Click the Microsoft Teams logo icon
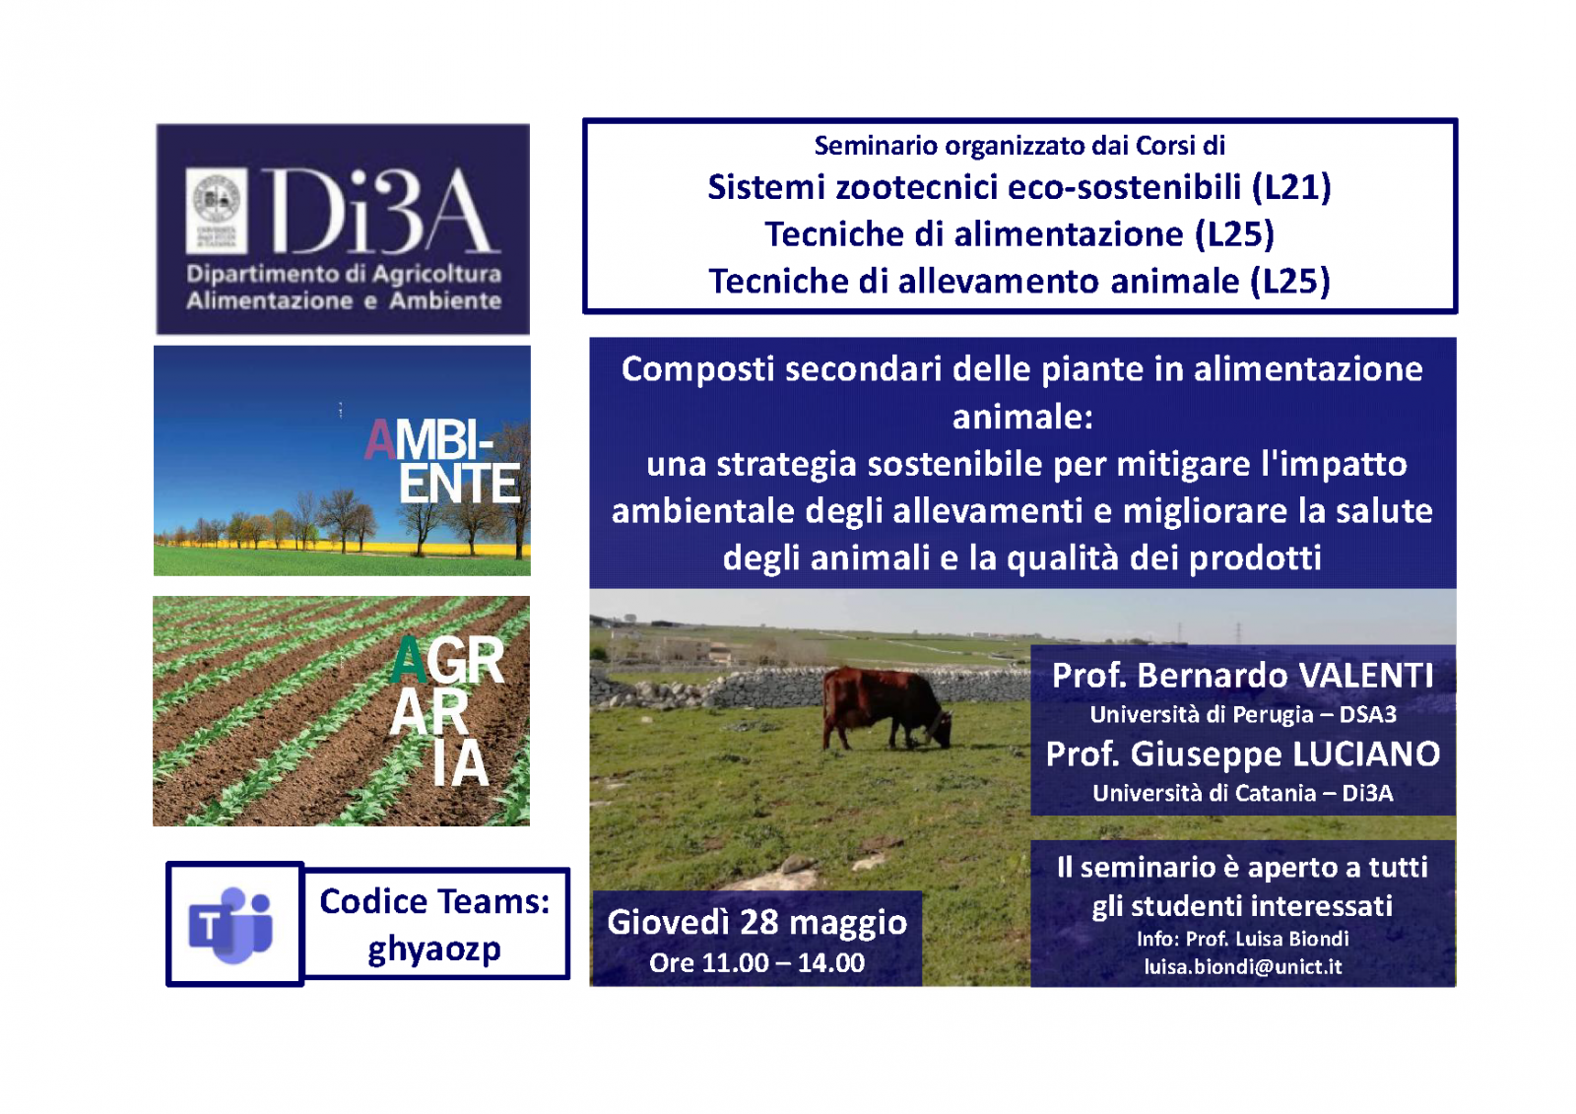click(x=230, y=925)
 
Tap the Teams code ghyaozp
click(x=434, y=950)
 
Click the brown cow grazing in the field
click(x=887, y=708)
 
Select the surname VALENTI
click(x=1365, y=676)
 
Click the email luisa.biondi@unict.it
click(x=1242, y=966)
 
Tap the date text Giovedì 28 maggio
click(x=757, y=923)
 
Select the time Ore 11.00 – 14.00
click(x=757, y=962)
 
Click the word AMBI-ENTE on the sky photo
click(x=443, y=462)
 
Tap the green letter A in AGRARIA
click(x=409, y=661)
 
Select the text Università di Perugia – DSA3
click(x=1242, y=715)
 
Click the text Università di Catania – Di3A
click(x=1242, y=793)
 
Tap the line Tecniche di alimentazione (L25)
click(x=1019, y=234)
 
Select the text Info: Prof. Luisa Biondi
click(x=1242, y=939)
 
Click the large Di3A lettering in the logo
click(x=379, y=211)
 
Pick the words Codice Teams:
click(x=434, y=902)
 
